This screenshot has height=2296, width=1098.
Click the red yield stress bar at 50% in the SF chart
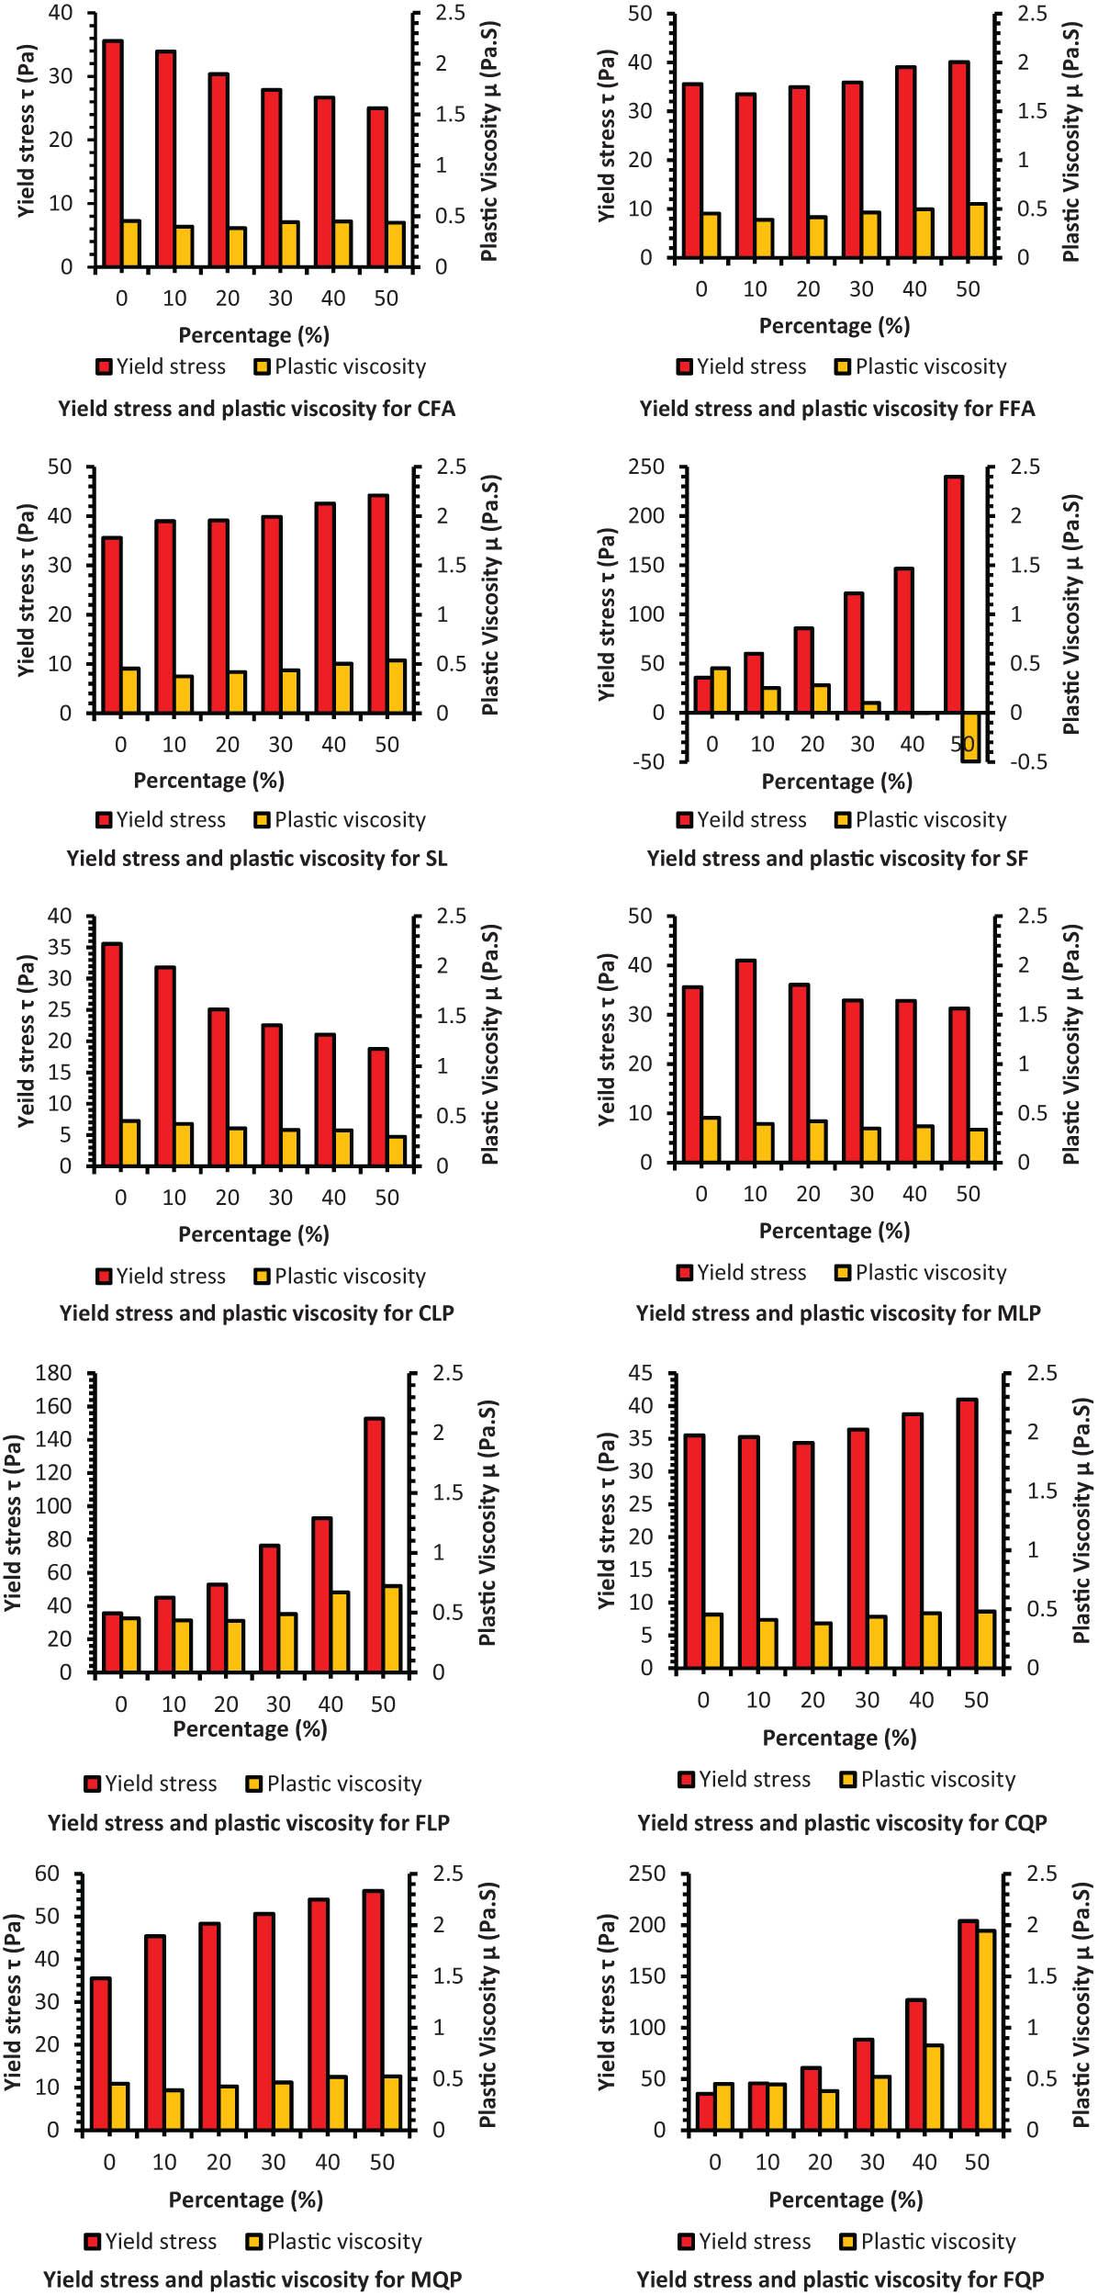click(953, 594)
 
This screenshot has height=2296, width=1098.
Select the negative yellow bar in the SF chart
click(970, 737)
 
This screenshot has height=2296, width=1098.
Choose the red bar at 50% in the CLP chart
click(378, 1107)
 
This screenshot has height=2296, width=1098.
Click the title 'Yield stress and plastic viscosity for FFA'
click(836, 409)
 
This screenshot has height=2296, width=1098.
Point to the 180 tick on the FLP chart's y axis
click(53, 1373)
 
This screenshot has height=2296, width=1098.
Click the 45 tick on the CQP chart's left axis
click(640, 1373)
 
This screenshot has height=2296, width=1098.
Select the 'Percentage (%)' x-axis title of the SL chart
click(208, 781)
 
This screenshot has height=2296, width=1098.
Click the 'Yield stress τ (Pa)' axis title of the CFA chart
click(27, 130)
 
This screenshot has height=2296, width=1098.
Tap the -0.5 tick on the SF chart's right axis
click(1026, 761)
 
